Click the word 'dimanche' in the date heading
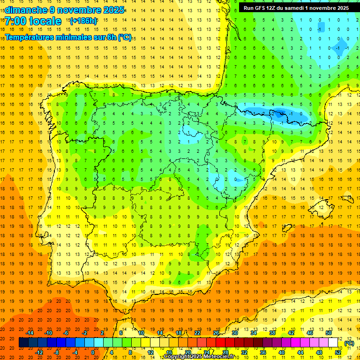pos(26,10)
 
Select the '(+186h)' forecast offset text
pos(83,21)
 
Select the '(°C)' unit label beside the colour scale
pos(349,343)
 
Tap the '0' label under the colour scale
pos(93,352)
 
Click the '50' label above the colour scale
pos(329,333)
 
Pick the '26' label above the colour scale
pos(216,333)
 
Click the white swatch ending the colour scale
pos(333,343)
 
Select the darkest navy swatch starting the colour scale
pos(23,343)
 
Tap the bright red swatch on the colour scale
pos(221,343)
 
